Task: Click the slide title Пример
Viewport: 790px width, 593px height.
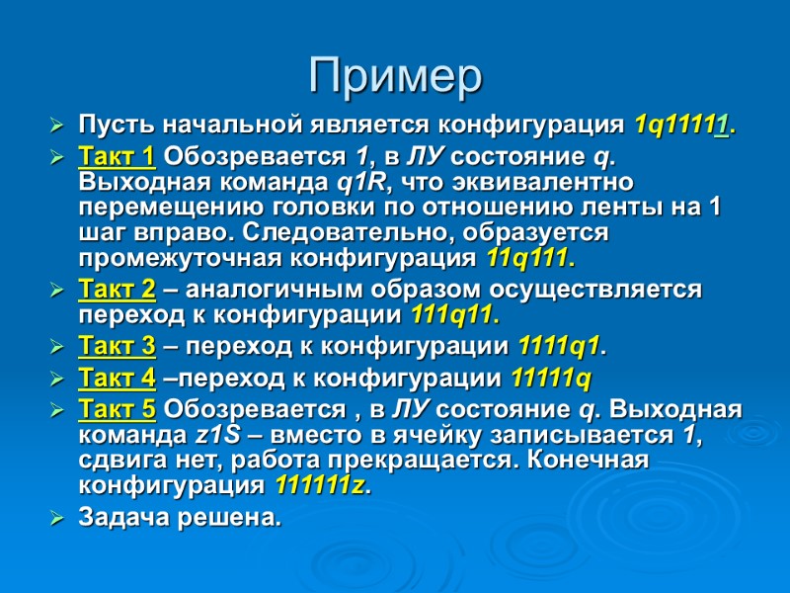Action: tap(395, 76)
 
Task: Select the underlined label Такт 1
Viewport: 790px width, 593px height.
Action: tap(116, 156)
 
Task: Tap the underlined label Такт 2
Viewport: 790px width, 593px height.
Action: tap(116, 291)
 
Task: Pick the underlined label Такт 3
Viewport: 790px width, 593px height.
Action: tap(116, 347)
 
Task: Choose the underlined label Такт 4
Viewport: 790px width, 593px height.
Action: tap(116, 378)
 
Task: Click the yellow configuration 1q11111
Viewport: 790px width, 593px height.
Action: tap(682, 126)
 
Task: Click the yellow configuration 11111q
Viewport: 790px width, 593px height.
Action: tap(551, 378)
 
